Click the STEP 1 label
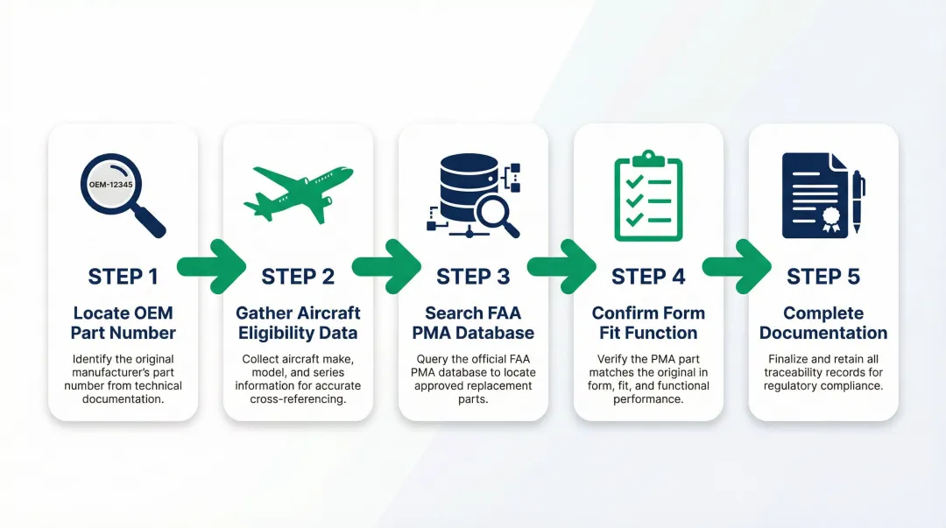(x=123, y=277)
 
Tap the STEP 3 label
(x=473, y=277)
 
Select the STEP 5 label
(x=823, y=277)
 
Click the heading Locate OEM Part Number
(x=123, y=323)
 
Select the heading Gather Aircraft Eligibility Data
(x=298, y=323)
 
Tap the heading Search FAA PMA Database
(x=473, y=323)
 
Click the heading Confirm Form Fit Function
(x=648, y=323)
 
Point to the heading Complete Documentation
(x=823, y=323)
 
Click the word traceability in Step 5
(x=796, y=372)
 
